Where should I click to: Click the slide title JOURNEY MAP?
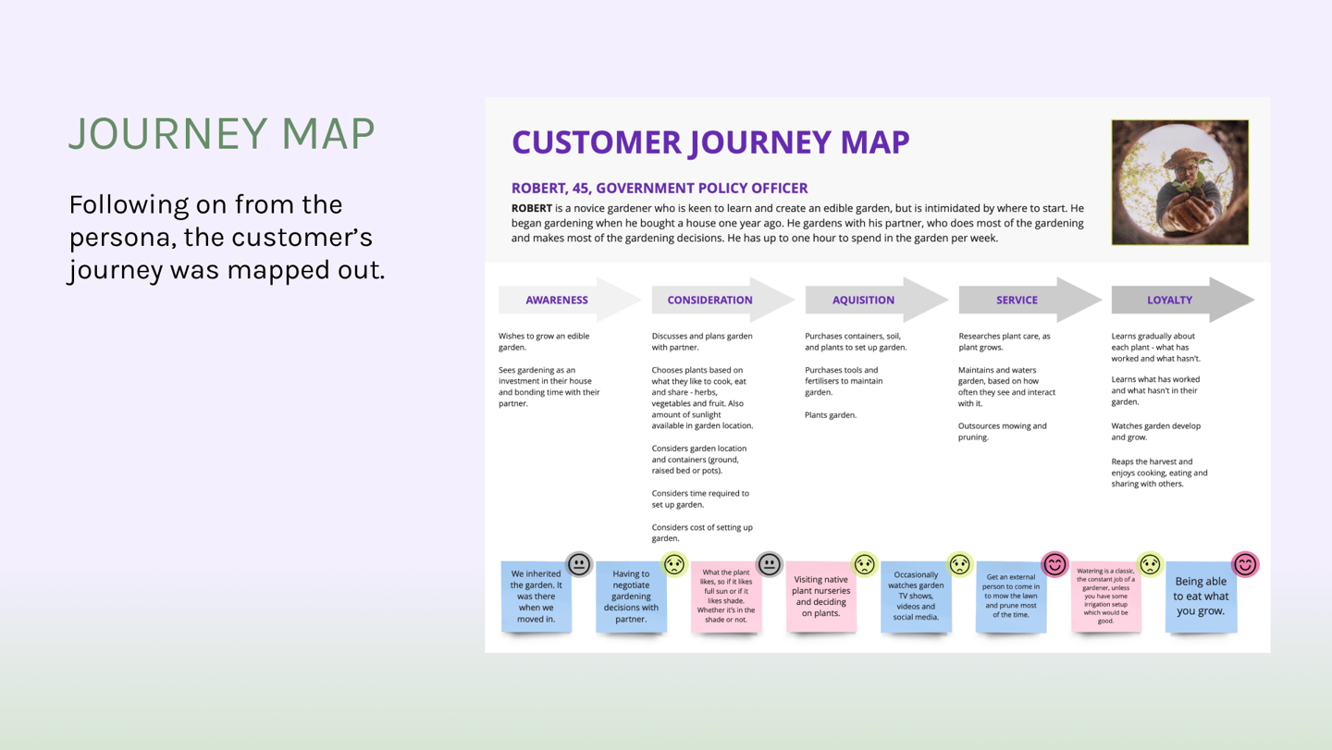point(222,134)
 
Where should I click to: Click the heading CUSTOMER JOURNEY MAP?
point(710,142)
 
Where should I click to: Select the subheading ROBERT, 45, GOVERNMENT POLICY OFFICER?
point(660,188)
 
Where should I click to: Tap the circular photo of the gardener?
point(1179,182)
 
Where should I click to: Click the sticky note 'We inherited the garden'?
point(536,596)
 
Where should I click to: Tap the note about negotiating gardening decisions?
point(631,596)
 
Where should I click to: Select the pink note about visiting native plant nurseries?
point(820,596)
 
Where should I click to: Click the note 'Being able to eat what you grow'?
point(1201,596)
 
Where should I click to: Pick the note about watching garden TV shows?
point(916,596)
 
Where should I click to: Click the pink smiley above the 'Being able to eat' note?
point(1245,564)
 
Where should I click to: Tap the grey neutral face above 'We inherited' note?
point(579,564)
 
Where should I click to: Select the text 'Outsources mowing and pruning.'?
point(1003,432)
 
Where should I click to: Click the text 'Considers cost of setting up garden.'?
point(702,533)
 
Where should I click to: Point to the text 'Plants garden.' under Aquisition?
point(831,415)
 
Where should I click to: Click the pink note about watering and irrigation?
point(1105,596)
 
